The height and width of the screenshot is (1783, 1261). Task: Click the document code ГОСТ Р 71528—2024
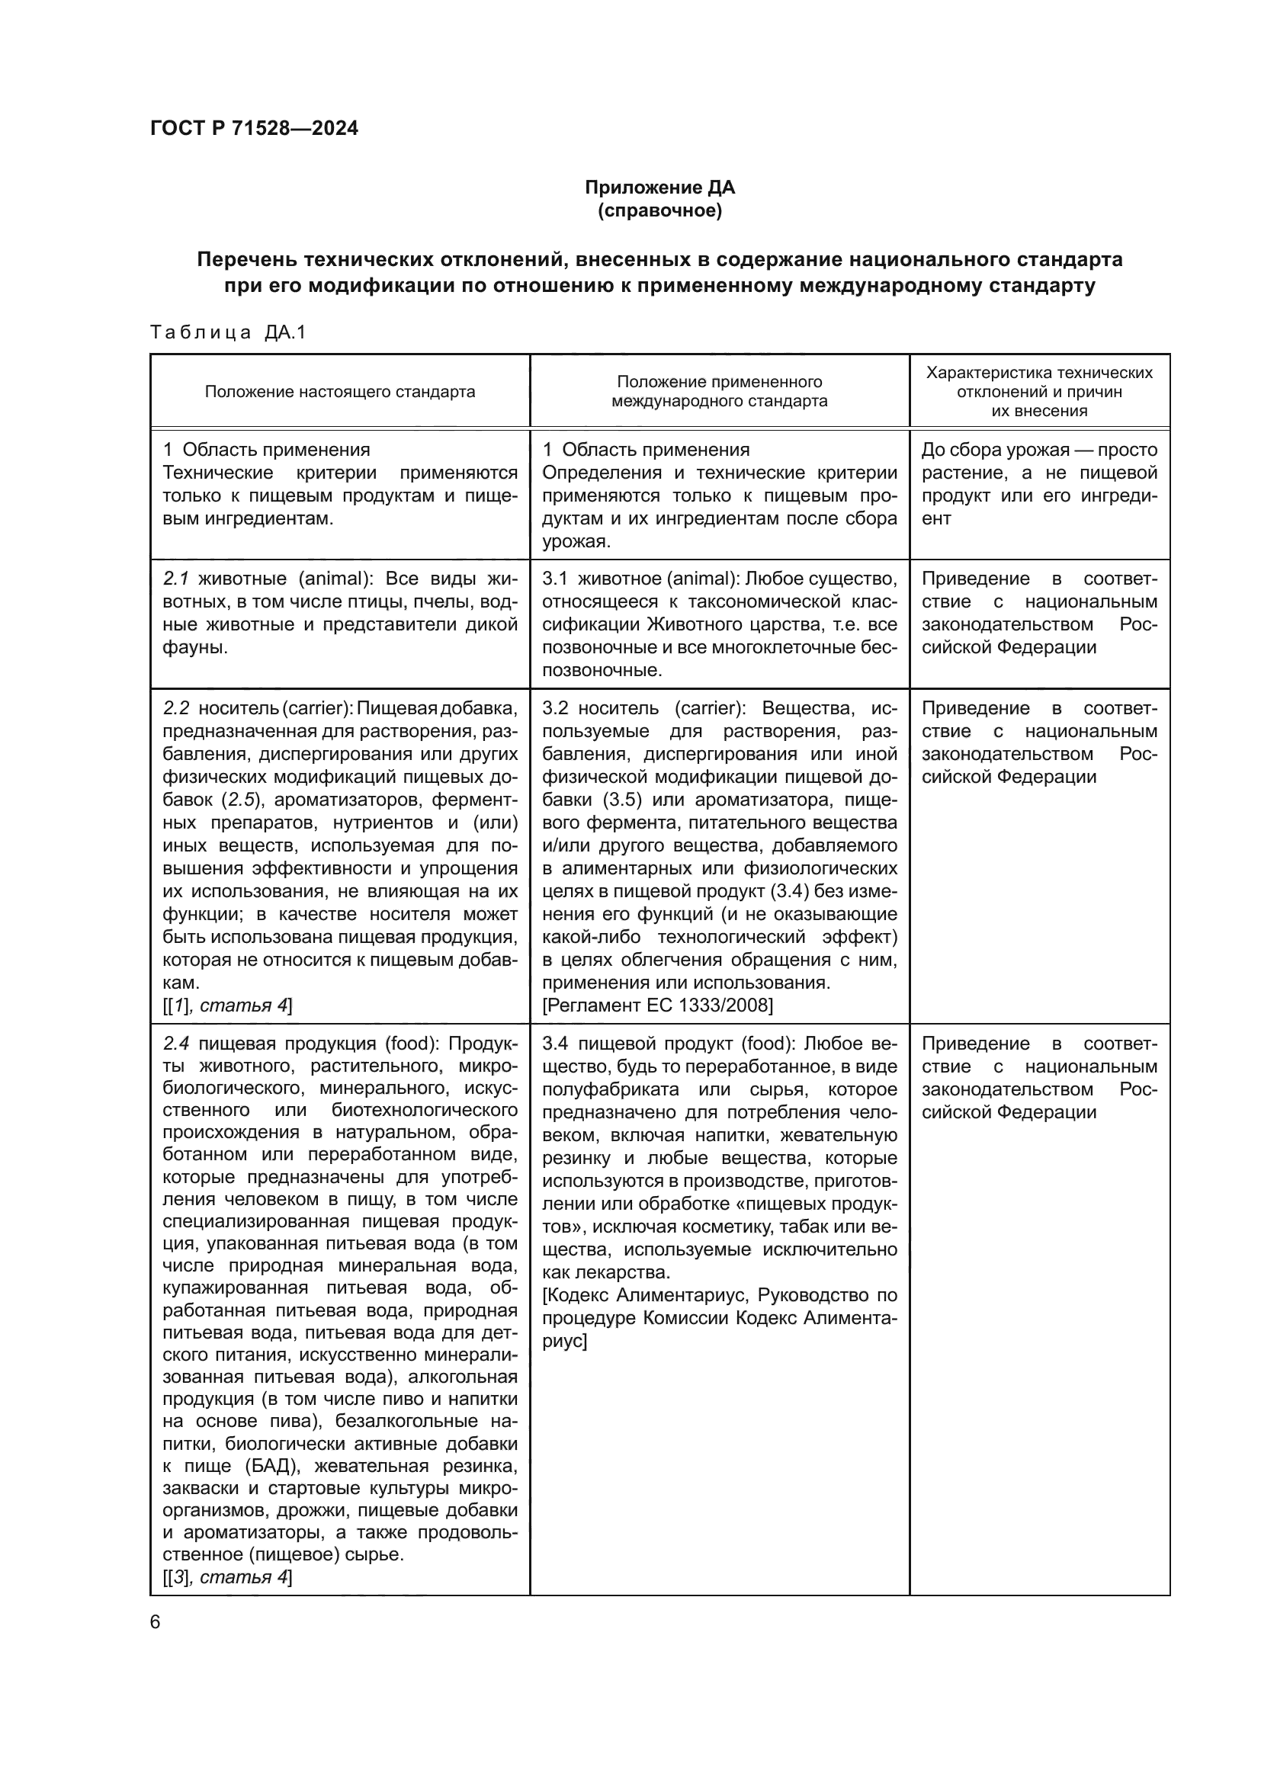click(x=254, y=128)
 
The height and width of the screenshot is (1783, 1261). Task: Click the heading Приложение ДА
click(x=659, y=188)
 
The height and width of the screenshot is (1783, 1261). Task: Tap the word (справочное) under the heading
click(x=659, y=210)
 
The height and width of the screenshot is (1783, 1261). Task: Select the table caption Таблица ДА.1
click(x=228, y=332)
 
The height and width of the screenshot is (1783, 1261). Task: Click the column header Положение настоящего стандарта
click(x=339, y=391)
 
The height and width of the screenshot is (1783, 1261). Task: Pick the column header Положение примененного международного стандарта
click(x=719, y=391)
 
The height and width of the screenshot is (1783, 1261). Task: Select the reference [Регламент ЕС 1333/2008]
click(x=658, y=1005)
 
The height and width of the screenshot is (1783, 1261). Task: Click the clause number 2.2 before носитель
click(x=176, y=708)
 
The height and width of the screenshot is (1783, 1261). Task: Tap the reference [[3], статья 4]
click(x=227, y=1576)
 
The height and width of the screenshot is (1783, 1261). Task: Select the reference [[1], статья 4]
click(x=227, y=1005)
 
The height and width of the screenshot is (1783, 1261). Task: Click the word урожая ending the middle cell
click(x=576, y=541)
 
